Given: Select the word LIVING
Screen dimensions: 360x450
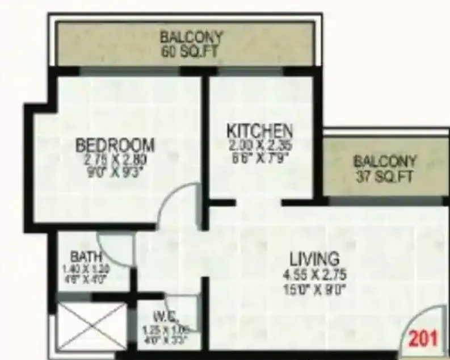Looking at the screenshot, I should pos(315,259).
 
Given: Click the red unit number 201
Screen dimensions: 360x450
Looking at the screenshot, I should pos(424,338).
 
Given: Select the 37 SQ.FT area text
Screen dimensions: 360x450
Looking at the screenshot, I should pos(385,176).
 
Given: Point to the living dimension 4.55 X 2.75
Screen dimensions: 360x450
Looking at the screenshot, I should pos(315,274).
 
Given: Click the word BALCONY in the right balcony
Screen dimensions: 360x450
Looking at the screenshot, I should pos(385,161).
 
